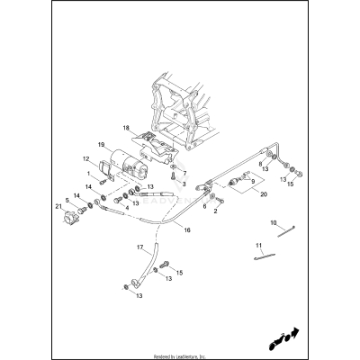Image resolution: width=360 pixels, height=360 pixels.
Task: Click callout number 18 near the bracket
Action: click(126, 129)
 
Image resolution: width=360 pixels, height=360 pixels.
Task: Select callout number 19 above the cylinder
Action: click(101, 144)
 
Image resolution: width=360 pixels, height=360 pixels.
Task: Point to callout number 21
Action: click(59, 208)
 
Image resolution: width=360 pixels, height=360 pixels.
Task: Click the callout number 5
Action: click(67, 200)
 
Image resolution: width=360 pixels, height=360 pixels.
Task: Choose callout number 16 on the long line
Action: click(187, 230)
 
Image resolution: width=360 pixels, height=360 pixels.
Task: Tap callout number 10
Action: click(274, 221)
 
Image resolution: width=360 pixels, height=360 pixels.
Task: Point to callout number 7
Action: click(184, 172)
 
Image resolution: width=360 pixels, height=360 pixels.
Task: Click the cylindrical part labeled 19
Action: click(124, 169)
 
